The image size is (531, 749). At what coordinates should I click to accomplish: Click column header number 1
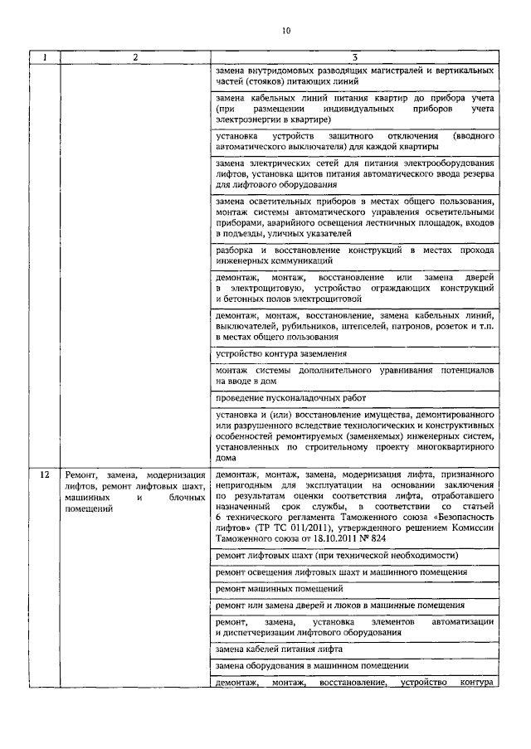coord(45,57)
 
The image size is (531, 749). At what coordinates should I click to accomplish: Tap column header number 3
coord(354,57)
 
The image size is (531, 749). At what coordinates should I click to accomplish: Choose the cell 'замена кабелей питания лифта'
coord(271,649)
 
